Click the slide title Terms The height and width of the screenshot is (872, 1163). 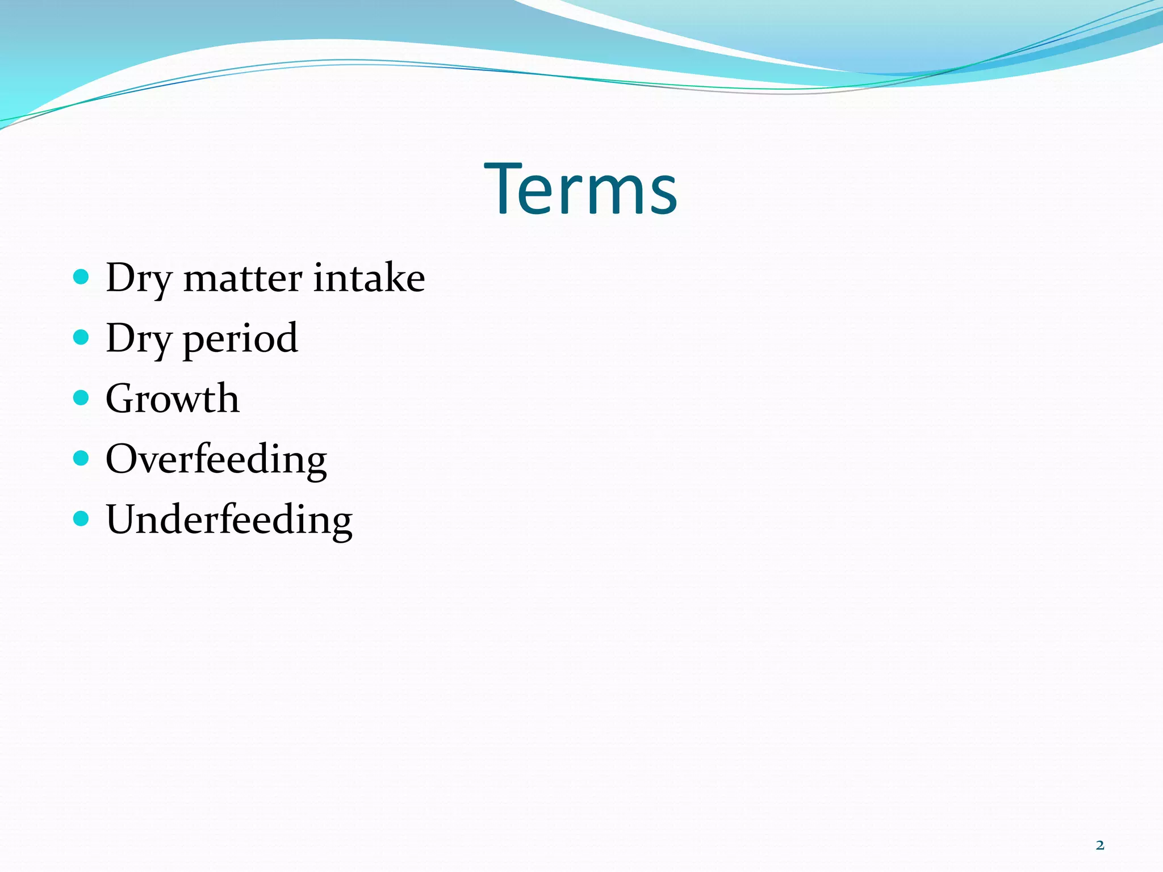coord(581,190)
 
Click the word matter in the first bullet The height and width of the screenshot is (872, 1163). coord(242,278)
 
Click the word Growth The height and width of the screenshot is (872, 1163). coord(172,399)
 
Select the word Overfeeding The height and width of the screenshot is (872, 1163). coord(216,459)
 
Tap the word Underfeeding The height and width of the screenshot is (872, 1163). coord(229,519)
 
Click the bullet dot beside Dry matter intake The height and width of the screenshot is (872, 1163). coord(81,277)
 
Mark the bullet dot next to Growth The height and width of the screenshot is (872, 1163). coord(81,397)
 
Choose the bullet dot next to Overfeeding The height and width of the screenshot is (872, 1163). coord(81,458)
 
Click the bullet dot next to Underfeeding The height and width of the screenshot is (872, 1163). coord(81,518)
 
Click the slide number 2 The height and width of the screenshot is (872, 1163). coord(1100,845)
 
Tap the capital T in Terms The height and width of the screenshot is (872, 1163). coord(503,188)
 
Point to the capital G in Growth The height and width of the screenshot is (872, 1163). coord(122,399)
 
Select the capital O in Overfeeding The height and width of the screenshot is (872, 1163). coord(123,459)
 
